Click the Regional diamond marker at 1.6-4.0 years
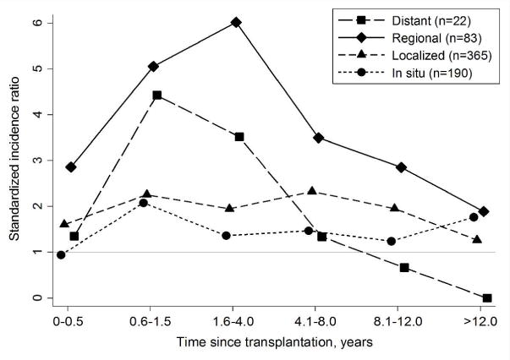coord(236,22)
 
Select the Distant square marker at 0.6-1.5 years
coord(157,95)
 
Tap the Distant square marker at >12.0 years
coord(487,297)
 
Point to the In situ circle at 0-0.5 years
coord(61,254)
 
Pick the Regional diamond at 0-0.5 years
coord(71,167)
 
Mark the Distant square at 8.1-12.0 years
coord(404,267)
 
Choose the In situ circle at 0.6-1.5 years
coord(144,203)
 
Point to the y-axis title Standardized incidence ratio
coord(14,161)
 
